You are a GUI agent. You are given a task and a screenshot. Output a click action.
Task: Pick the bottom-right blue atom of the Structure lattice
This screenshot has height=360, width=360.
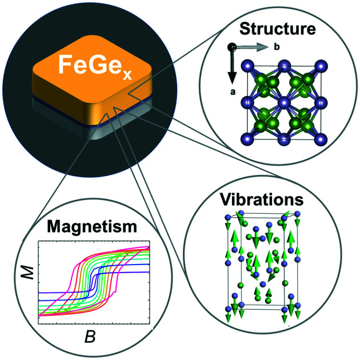[319, 138]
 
